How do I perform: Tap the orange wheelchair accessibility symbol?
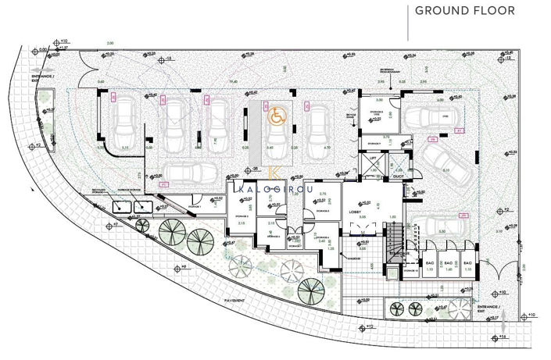click(275, 116)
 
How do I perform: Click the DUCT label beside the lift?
click(397, 176)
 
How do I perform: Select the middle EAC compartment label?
click(448, 264)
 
